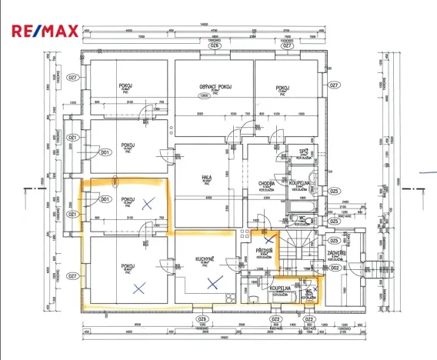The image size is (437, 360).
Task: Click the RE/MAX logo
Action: pos(43,30)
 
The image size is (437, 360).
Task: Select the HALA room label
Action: pos(206,177)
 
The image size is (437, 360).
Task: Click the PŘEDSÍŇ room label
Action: pos(263,252)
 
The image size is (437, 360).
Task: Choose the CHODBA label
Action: pos(267,183)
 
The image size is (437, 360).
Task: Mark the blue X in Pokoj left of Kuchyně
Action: pos(138,289)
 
